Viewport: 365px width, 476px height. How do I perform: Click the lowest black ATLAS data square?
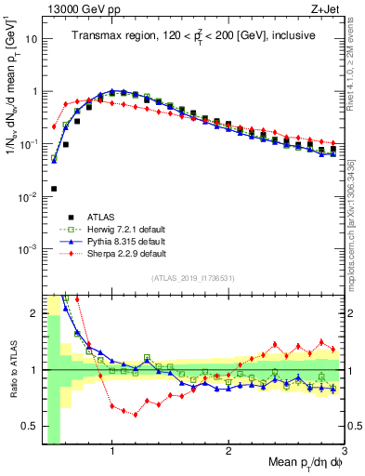(54, 189)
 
